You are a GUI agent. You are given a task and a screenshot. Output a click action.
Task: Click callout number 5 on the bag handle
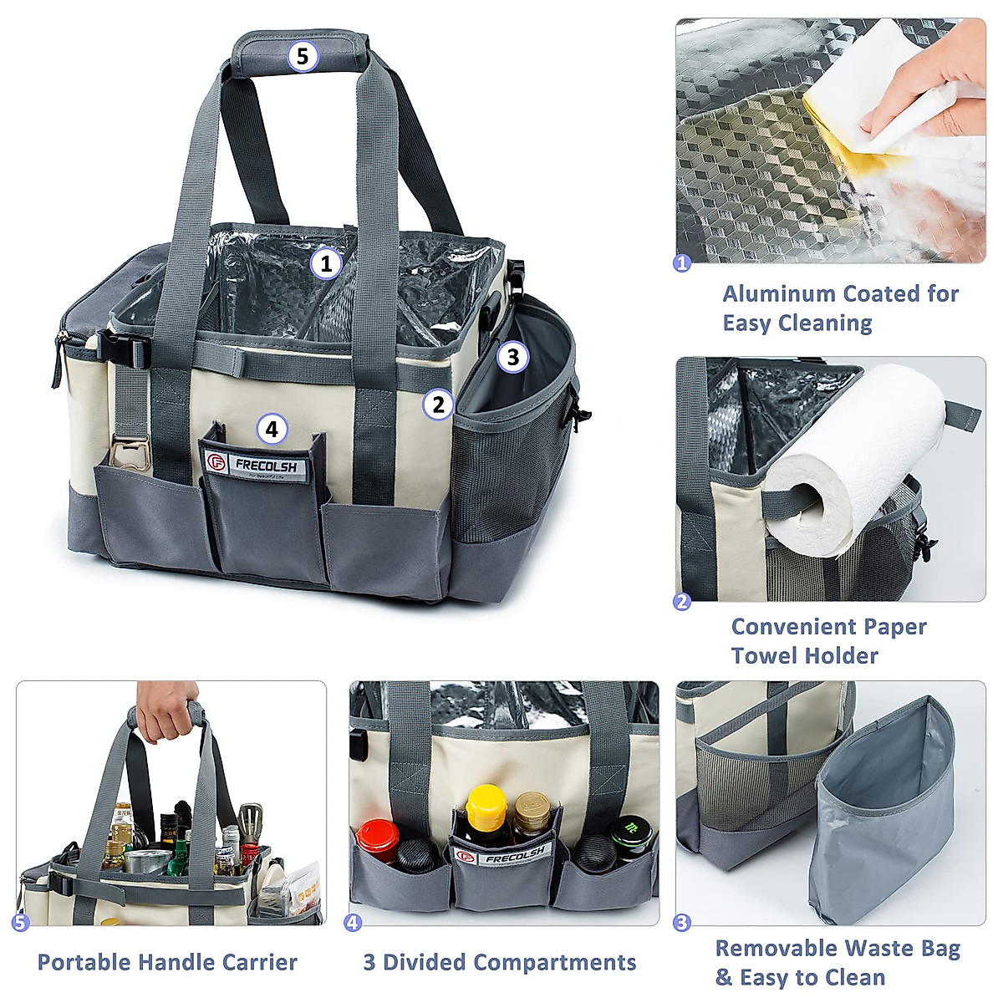pos(303,56)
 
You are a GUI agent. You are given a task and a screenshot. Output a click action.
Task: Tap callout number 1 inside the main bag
pos(326,264)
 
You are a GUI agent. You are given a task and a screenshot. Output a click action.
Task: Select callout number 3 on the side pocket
pos(512,357)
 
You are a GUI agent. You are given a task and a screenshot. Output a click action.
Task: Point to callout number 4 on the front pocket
pos(271,430)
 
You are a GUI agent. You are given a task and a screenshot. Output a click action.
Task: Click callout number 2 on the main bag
pos(437,405)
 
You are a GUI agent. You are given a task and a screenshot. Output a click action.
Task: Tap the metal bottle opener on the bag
pos(128,451)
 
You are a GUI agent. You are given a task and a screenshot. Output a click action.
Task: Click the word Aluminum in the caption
pos(778,294)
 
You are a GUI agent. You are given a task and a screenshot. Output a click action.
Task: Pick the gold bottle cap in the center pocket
pos(528,807)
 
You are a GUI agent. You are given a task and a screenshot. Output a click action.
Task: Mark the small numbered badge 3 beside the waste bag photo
pos(682,923)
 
